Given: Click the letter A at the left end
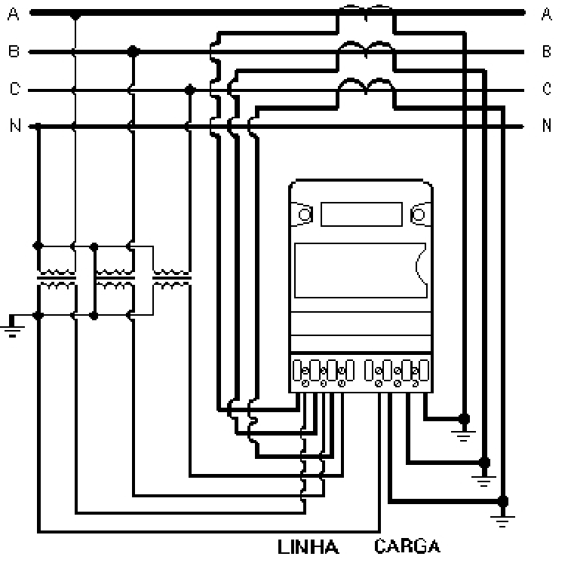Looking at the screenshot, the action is (14, 14).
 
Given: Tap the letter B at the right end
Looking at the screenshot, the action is (547, 51).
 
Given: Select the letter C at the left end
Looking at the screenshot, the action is (14, 89).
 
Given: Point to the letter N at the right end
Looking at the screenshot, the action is (547, 125).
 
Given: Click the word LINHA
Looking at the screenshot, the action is (308, 547).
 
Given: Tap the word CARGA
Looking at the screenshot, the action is (407, 546).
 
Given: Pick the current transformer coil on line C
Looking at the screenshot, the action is (366, 85).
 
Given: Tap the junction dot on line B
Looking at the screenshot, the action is (133, 52).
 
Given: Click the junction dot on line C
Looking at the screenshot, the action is (190, 90).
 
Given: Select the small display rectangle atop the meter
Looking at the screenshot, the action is (361, 215).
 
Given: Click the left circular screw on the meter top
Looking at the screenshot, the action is (305, 215).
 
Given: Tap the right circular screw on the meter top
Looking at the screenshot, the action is (419, 215).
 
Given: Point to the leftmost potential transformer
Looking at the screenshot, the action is (57, 278).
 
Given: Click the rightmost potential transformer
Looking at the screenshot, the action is (172, 278).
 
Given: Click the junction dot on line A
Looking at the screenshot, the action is (75, 16).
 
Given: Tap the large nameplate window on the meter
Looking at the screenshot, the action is (361, 271).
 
